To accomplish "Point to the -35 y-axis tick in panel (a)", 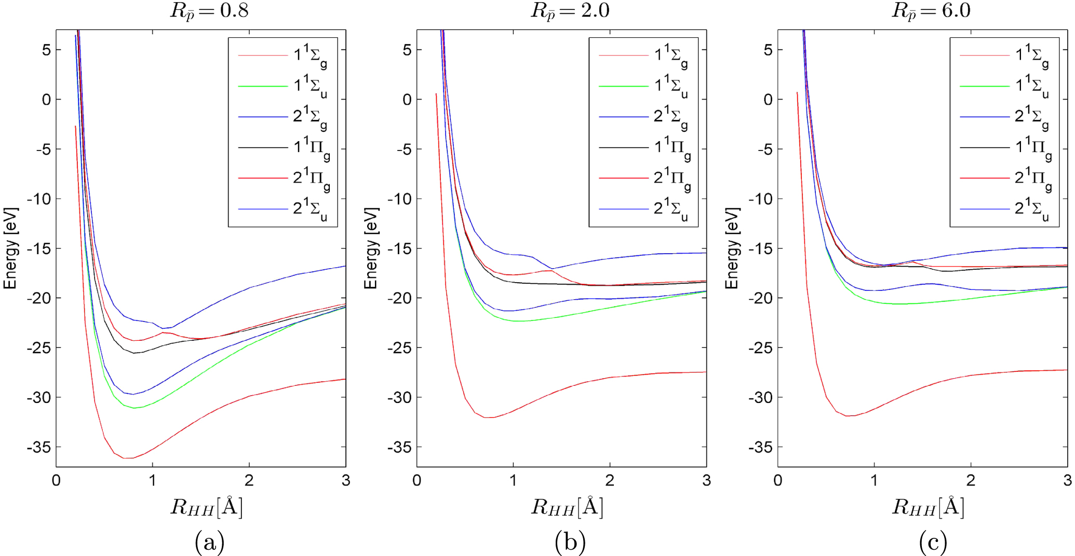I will [x=39, y=447].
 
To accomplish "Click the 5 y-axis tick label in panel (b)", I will [x=407, y=50].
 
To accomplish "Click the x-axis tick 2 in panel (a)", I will [x=249, y=480].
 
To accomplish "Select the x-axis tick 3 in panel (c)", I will [x=1067, y=480].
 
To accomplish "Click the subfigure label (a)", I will [x=209, y=543].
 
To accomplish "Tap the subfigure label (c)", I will [x=933, y=543].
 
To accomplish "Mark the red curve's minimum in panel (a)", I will [x=128, y=458].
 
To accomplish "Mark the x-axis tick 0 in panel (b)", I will [x=417, y=480].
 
